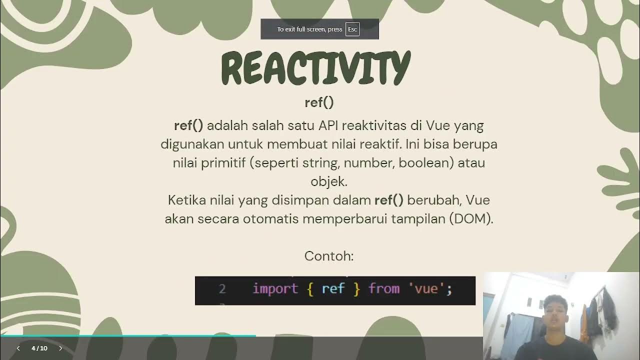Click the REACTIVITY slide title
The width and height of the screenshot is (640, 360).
(x=315, y=68)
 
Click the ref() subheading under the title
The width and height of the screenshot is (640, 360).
(x=319, y=102)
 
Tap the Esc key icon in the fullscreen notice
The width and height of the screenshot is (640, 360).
(x=352, y=29)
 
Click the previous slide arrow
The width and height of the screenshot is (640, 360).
(x=18, y=348)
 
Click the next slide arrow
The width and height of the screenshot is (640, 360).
(x=60, y=348)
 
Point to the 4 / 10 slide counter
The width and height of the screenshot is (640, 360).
(x=39, y=348)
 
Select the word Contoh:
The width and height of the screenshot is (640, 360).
(x=329, y=256)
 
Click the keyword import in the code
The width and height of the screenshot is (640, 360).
(x=275, y=289)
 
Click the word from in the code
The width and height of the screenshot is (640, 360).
(x=384, y=289)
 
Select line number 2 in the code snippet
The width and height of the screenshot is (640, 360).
(x=222, y=289)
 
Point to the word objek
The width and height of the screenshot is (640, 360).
(x=328, y=181)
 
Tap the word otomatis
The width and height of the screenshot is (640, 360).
(x=270, y=219)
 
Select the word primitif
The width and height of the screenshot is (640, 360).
(x=223, y=163)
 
